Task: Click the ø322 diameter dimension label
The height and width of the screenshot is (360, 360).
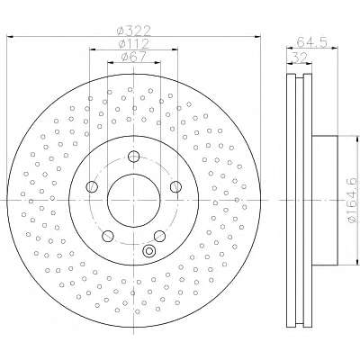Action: (134, 31)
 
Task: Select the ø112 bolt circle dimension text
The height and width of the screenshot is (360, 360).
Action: (134, 44)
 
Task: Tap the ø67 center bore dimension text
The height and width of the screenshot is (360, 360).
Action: (134, 57)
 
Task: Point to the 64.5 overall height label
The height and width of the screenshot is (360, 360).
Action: (311, 42)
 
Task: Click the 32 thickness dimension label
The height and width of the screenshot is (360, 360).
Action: (301, 58)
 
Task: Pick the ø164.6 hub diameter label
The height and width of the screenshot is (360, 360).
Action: (353, 200)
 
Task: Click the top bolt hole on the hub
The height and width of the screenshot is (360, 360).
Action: (133, 156)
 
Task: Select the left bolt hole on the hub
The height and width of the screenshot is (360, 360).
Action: (92, 187)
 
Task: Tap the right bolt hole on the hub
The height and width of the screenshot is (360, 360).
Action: (175, 187)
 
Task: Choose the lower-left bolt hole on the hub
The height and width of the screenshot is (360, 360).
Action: (108, 236)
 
